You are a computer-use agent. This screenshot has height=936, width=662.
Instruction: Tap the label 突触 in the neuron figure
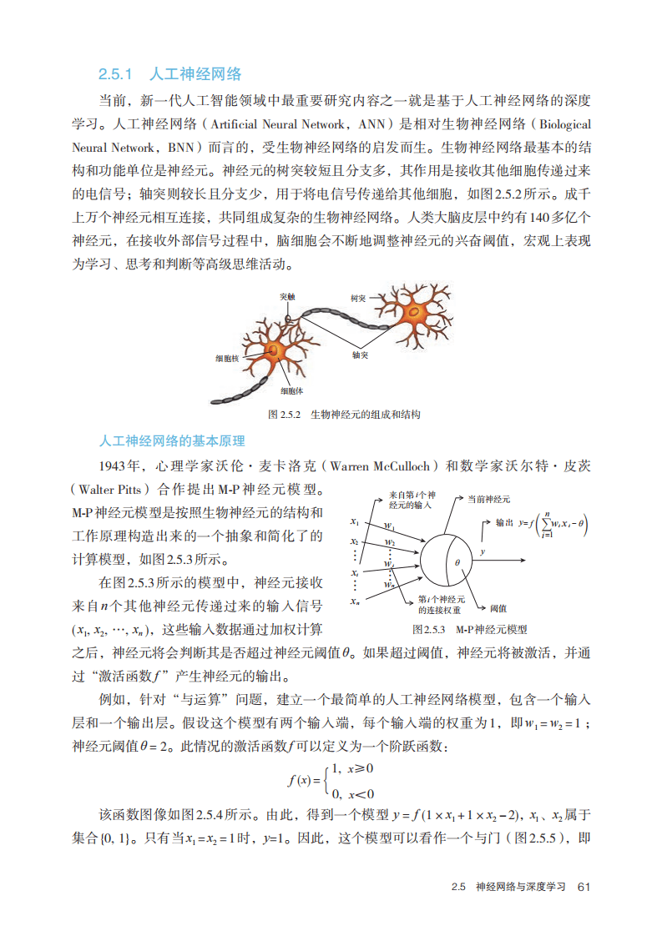tap(287, 296)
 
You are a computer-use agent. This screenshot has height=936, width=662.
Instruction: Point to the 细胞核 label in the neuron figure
tap(226, 358)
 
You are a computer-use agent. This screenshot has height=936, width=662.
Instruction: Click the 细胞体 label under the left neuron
tap(291, 391)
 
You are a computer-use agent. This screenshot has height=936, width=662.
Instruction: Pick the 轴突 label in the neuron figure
tap(360, 354)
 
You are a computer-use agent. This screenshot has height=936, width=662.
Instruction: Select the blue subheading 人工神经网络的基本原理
tap(171, 440)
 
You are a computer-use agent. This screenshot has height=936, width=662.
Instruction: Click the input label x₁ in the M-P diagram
tap(355, 522)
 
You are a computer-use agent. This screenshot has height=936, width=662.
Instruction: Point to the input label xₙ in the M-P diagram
tap(355, 601)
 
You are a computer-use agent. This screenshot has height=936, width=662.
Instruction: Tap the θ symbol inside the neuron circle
tap(457, 562)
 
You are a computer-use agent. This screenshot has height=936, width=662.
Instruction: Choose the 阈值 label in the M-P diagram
tap(499, 608)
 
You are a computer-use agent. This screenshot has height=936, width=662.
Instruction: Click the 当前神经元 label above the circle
tap(488, 499)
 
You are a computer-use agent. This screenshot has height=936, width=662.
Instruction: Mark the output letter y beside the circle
tap(482, 551)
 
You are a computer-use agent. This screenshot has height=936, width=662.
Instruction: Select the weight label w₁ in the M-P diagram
tap(389, 526)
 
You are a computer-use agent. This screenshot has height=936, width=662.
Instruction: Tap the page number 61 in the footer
tap(584, 887)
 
